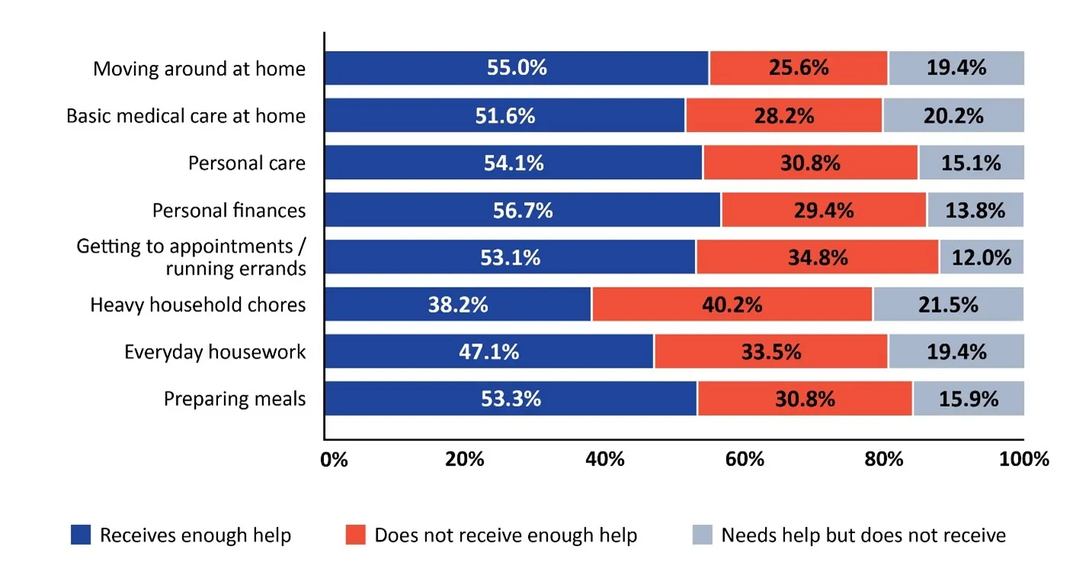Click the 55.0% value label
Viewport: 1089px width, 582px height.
[x=517, y=68]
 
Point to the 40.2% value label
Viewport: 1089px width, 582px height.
[x=732, y=305]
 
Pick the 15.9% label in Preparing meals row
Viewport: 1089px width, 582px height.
[x=969, y=399]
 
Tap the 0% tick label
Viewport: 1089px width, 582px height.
[x=334, y=459]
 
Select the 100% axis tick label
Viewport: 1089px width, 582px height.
[x=1023, y=459]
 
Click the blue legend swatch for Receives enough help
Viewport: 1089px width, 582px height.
[x=81, y=535]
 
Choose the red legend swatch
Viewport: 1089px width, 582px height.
[x=355, y=535]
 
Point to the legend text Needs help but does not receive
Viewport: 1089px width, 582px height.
[x=863, y=535]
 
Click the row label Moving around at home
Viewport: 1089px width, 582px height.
[x=199, y=69]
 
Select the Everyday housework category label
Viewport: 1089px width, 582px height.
[x=215, y=352]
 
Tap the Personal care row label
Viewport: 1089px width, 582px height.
[x=246, y=163]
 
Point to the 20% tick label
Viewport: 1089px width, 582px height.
[x=465, y=459]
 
